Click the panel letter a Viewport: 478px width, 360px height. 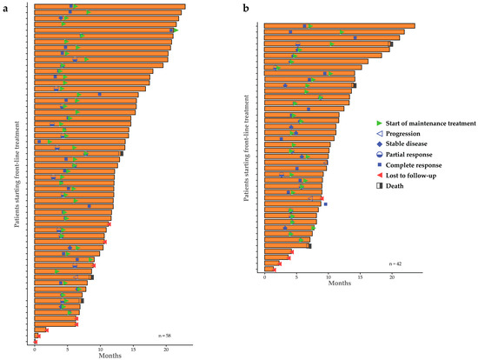click(5, 9)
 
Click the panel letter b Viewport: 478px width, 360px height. click(246, 9)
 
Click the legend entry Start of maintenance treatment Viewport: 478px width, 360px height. click(426, 123)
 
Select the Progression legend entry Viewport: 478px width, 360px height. click(398, 134)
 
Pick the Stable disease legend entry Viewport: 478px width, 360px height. click(402, 143)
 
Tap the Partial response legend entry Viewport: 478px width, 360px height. click(404, 155)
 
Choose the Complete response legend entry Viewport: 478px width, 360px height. click(409, 165)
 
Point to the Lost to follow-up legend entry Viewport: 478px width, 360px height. click(407, 176)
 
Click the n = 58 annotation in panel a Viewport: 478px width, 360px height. click(164, 336)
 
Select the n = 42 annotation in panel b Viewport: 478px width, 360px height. click(395, 263)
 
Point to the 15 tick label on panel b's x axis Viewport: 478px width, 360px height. click(360, 277)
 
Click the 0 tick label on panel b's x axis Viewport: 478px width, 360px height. click(264, 277)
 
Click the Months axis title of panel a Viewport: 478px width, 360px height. click(110, 356)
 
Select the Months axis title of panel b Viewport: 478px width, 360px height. click(340, 283)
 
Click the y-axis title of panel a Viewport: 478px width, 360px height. click(17, 174)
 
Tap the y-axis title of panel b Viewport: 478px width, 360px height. click(246, 149)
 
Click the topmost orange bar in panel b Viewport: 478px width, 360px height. click(340, 26)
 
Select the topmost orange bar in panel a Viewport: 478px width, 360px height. click(110, 6)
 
